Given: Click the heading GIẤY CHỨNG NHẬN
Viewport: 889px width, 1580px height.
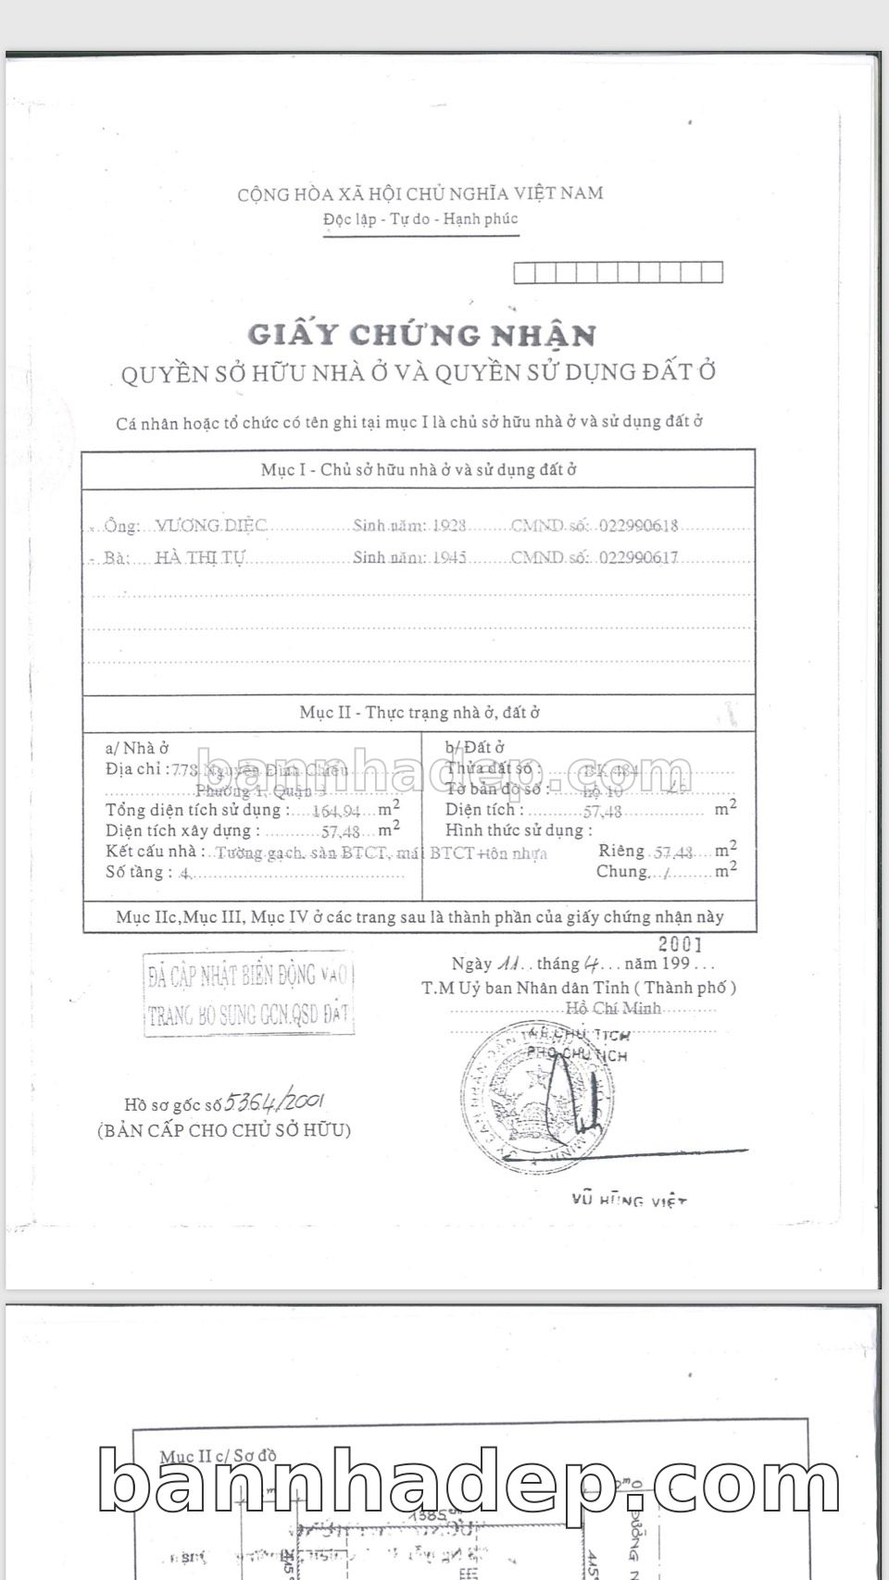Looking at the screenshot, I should pyautogui.click(x=421, y=334).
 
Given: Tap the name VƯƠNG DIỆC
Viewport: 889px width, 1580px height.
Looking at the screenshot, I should pyautogui.click(x=211, y=526).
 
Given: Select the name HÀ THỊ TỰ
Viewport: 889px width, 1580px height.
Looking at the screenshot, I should pyautogui.click(x=200, y=557).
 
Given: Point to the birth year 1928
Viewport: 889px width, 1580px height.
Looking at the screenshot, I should pyautogui.click(x=449, y=526).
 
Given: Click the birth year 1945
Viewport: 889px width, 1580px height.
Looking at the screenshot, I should pyautogui.click(x=449, y=557).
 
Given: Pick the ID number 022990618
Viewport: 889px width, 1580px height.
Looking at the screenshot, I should pyautogui.click(x=638, y=526).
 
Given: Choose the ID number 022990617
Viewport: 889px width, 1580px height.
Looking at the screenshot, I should pyautogui.click(x=638, y=557).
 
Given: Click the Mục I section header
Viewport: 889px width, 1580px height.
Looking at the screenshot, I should pyautogui.click(x=419, y=469).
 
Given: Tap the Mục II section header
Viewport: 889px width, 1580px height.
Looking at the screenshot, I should pyautogui.click(x=419, y=712).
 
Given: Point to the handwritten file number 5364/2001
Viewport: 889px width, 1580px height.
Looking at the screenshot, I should pyautogui.click(x=274, y=1101).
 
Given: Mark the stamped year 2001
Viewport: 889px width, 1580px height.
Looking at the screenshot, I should pyautogui.click(x=680, y=944).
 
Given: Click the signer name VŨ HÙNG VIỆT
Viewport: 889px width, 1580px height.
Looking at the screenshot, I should pyautogui.click(x=629, y=1201).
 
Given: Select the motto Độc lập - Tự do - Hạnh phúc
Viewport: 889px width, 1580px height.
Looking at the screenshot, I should pyautogui.click(x=420, y=219).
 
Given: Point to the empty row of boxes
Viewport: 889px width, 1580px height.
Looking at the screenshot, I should pyautogui.click(x=618, y=272).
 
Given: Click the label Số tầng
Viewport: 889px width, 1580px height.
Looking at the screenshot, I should pyautogui.click(x=135, y=872).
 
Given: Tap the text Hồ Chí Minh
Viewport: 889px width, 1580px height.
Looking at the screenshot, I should pyautogui.click(x=613, y=1008).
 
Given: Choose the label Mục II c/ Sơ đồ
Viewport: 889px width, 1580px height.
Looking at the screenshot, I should pyautogui.click(x=218, y=1457).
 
